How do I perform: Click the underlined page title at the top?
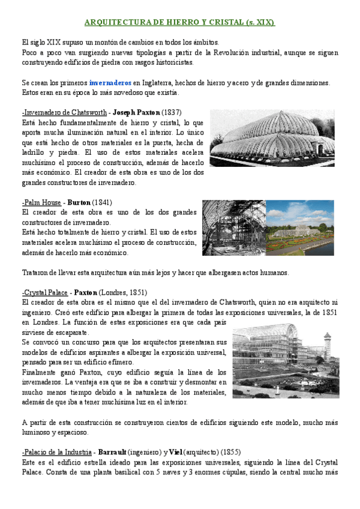pos(179,23)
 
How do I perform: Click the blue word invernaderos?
pos(110,82)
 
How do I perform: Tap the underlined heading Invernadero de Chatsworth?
pos(64,112)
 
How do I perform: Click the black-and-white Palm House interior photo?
pos(233,227)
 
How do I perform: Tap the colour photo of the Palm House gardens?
pos(300,227)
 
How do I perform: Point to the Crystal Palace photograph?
pos(281,361)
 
